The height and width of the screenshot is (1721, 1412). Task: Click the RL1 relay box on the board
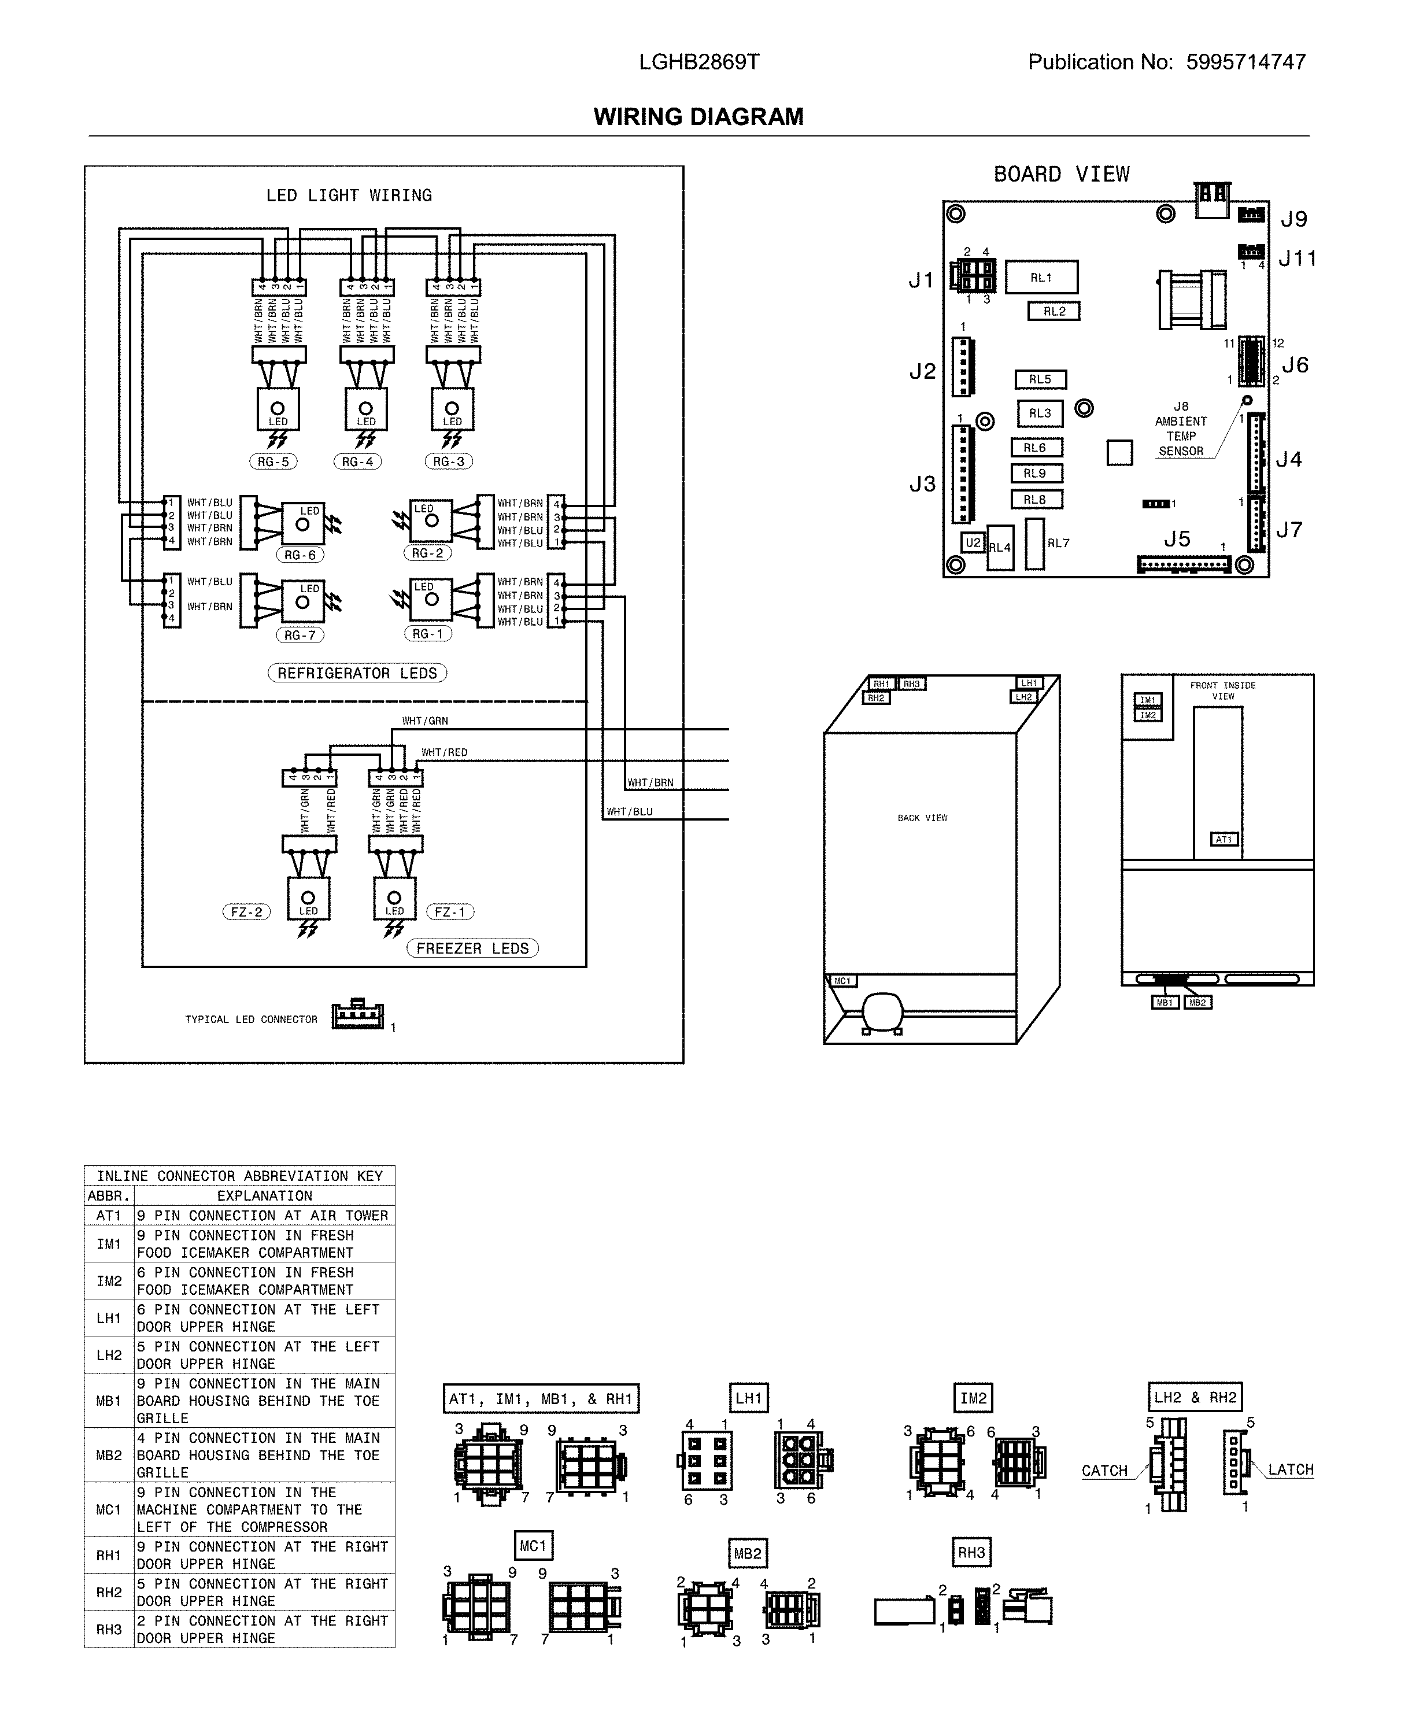coord(1041,278)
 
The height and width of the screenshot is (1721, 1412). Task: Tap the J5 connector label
coord(1176,539)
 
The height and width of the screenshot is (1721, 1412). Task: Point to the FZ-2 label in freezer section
coord(246,912)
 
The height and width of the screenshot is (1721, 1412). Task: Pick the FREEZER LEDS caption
coord(472,948)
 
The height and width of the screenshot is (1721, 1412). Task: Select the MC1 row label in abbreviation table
coord(108,1509)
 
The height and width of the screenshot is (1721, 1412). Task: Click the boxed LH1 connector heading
coord(748,1398)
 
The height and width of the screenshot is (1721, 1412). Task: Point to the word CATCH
coord(1104,1471)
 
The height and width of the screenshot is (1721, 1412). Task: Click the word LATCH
coord(1291,1469)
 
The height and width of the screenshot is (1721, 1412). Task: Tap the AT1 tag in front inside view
coord(1224,839)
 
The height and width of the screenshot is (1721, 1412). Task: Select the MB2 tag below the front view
coord(1197,1003)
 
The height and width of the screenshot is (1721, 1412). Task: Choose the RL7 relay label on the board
coord(1058,543)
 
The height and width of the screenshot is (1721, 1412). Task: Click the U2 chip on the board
coord(973,542)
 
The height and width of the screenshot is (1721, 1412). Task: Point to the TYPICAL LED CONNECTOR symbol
coord(358,1016)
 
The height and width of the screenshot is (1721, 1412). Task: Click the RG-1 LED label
coord(428,634)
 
